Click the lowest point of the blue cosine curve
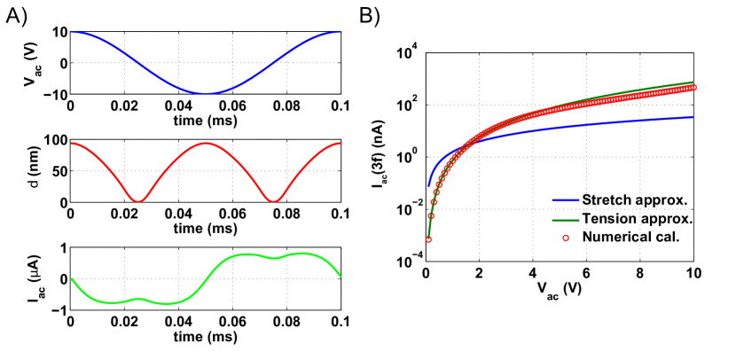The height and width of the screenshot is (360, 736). click(206, 93)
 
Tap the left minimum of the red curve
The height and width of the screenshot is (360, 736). click(138, 201)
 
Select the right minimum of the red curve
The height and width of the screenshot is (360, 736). click(273, 201)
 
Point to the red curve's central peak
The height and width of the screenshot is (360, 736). click(206, 143)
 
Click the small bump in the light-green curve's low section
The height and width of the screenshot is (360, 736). click(138, 299)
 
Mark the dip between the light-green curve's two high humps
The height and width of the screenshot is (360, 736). click(274, 258)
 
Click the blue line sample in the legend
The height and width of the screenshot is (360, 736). click(565, 200)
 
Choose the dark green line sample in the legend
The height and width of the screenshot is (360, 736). click(565, 220)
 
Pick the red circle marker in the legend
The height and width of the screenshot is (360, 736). click(565, 238)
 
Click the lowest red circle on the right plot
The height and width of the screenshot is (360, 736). click(428, 239)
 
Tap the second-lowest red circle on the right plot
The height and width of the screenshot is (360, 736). click(431, 215)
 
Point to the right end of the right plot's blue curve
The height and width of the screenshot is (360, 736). click(693, 117)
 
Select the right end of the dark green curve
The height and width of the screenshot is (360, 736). click(693, 82)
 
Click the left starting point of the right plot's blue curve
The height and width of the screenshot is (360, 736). click(429, 185)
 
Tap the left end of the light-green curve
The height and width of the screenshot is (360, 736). click(71, 278)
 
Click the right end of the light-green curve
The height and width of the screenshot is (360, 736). click(341, 276)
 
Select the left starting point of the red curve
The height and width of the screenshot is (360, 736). click(71, 143)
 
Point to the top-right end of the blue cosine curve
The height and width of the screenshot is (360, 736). click(340, 32)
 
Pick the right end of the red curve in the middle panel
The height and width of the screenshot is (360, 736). click(341, 143)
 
